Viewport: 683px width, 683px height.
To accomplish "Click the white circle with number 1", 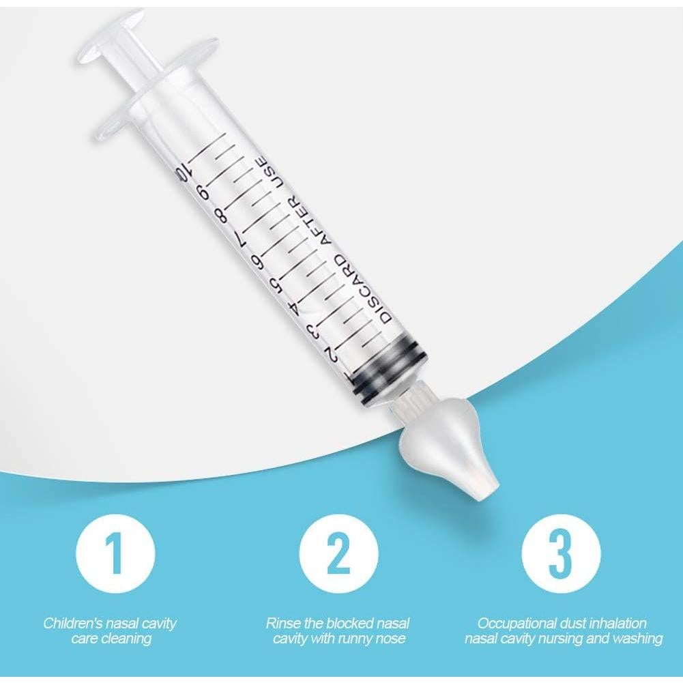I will pyautogui.click(x=115, y=553).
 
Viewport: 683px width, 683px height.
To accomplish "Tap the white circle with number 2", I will pyautogui.click(x=338, y=553).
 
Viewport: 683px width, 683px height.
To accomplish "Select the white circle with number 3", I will pyautogui.click(x=561, y=553).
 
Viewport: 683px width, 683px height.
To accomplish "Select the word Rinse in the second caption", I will pyautogui.click(x=281, y=623).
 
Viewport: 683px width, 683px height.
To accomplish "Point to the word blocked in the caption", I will pyautogui.click(x=344, y=623).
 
